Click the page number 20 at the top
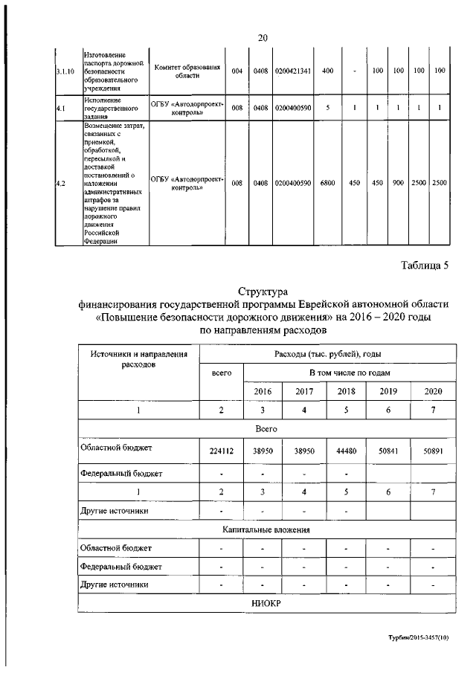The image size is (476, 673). pos(263,38)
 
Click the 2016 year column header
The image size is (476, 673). pos(263,391)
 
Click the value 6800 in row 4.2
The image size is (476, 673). pos(327,182)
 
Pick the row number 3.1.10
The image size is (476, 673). pos(65,71)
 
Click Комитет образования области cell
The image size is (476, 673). pos(187,71)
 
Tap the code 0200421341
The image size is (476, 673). pos(292,71)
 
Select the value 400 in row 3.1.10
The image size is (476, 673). pos(327,71)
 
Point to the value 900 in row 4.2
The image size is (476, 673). pos(399,182)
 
